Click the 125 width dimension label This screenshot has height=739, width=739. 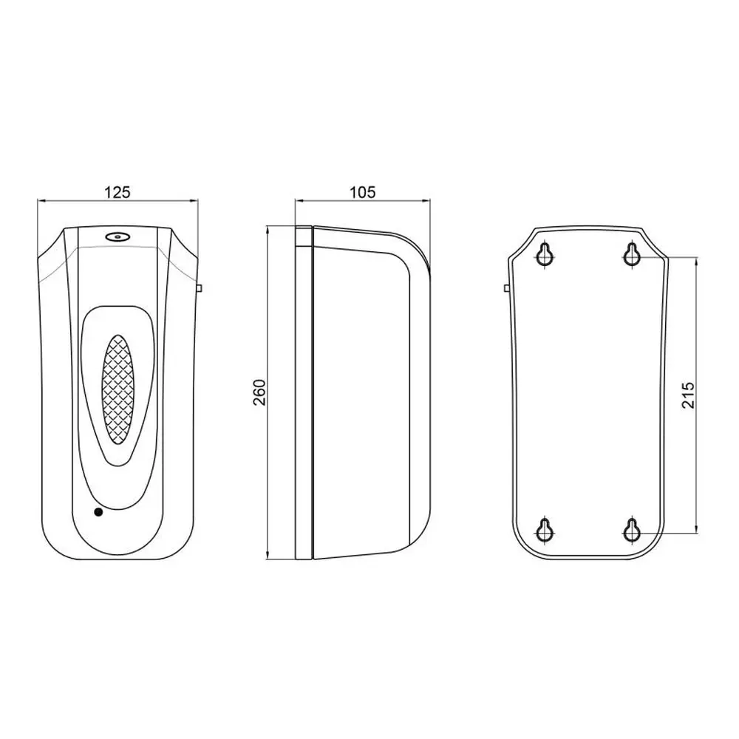[x=117, y=192]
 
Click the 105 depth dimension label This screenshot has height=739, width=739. [x=362, y=192]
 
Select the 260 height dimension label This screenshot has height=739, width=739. [x=259, y=392]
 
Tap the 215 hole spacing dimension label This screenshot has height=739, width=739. [x=689, y=395]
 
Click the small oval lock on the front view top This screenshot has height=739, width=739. [x=117, y=236]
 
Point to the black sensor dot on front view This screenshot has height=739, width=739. [x=98, y=512]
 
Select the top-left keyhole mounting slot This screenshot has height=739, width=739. [x=545, y=254]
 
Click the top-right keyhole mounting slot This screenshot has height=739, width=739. [x=632, y=254]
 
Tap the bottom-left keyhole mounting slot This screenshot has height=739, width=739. [x=545, y=530]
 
